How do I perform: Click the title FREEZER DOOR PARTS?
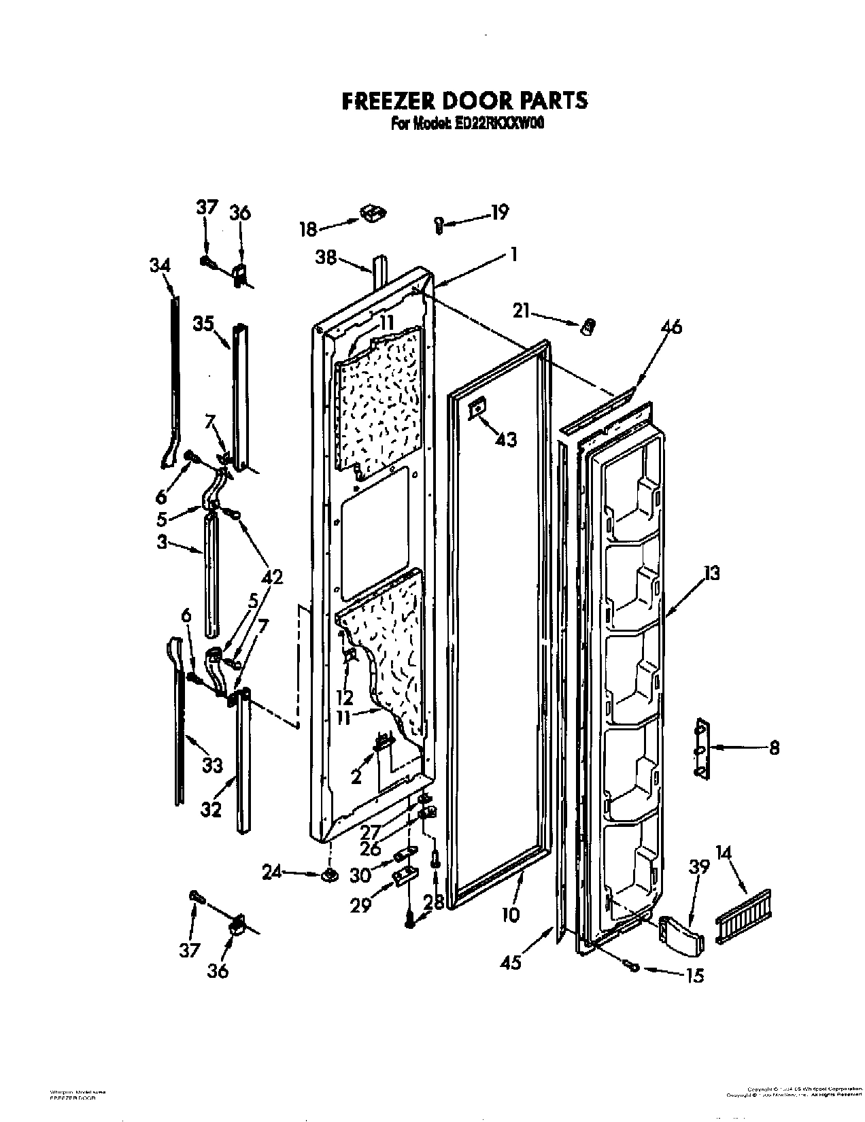click(463, 101)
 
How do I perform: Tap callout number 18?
click(309, 229)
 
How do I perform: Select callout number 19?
click(498, 213)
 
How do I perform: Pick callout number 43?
click(505, 440)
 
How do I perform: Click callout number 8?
click(774, 748)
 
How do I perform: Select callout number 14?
click(726, 869)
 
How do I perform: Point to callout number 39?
click(698, 868)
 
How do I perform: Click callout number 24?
click(271, 872)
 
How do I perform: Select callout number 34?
click(160, 266)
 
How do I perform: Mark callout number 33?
click(212, 766)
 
